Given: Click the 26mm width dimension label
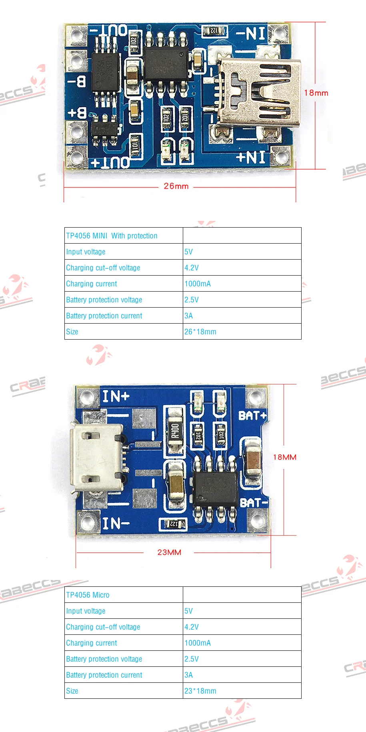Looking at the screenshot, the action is click(176, 186).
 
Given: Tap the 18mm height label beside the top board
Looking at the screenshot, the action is click(316, 93).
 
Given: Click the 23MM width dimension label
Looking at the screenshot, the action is click(169, 552).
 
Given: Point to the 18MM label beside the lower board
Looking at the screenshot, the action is click(285, 457).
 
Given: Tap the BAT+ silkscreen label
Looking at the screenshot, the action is click(252, 416).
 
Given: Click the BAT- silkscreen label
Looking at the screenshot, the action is click(253, 503).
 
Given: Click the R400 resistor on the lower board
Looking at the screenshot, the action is click(175, 431).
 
